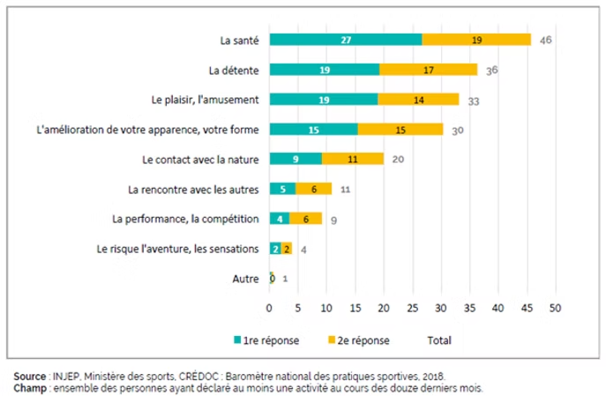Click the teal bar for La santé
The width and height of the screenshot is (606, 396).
click(x=346, y=40)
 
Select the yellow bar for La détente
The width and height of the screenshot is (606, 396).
click(x=428, y=70)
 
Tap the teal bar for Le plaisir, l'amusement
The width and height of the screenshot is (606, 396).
click(x=324, y=100)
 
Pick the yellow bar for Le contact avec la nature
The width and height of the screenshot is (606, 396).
click(x=352, y=159)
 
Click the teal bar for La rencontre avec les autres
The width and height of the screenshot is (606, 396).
click(x=282, y=189)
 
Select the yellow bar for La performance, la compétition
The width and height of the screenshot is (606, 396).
click(x=306, y=219)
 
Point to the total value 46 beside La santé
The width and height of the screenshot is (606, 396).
click(x=546, y=40)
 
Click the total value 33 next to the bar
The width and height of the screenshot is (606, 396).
click(x=473, y=101)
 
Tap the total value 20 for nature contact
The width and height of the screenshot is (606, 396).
click(x=399, y=160)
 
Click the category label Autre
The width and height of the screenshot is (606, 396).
click(x=245, y=279)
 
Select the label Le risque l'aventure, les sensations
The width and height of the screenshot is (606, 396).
click(x=177, y=249)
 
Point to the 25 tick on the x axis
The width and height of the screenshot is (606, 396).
click(x=413, y=309)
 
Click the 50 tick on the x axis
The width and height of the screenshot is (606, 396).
click(x=556, y=309)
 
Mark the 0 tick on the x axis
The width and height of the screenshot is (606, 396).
click(x=270, y=309)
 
